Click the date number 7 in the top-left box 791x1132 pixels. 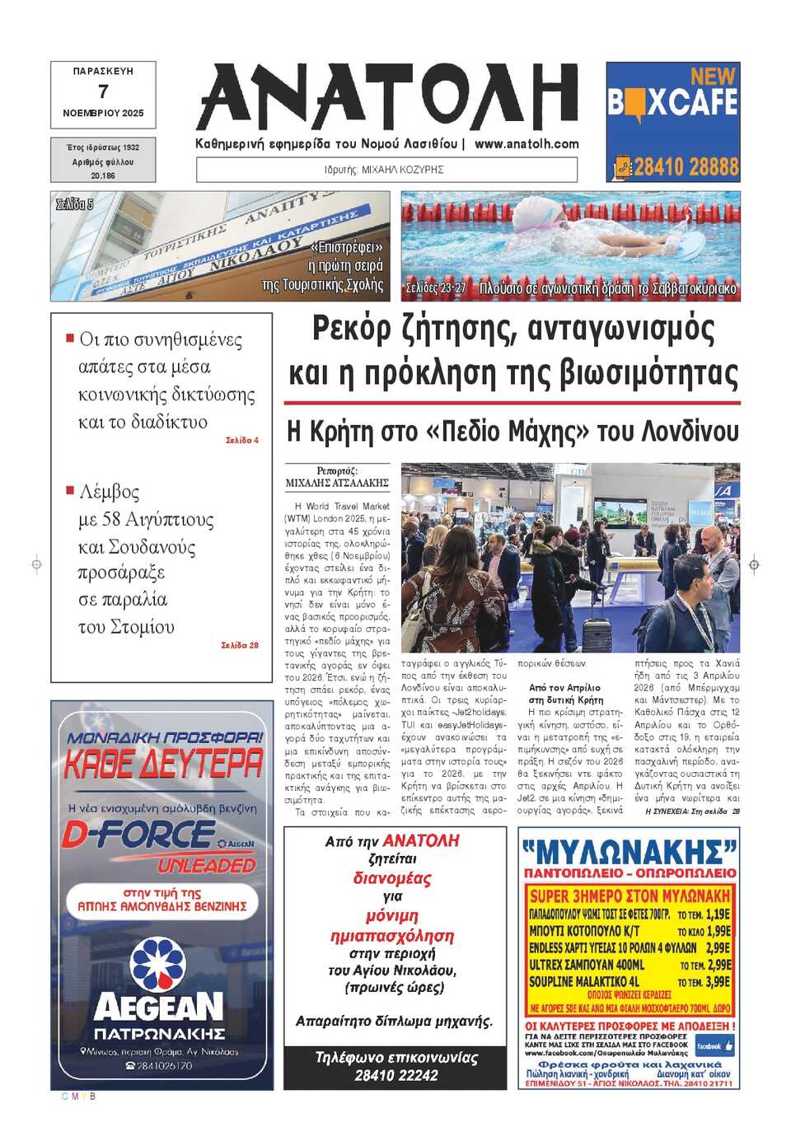103,91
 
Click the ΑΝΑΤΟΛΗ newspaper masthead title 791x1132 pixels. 387,97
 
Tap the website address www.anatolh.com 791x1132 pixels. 527,143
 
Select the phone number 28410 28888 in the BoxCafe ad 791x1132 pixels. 686,167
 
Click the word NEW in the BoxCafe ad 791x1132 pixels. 712,77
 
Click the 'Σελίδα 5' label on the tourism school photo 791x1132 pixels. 74,203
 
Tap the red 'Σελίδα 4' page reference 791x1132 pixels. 242,441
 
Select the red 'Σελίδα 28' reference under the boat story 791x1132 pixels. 240,645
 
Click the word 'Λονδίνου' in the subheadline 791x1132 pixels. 690,431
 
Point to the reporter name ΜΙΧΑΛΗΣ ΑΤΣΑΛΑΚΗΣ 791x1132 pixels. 337,483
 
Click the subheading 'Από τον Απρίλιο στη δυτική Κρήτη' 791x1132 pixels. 565,693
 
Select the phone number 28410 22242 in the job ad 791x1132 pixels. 395,1075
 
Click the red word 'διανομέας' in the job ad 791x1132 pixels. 392,878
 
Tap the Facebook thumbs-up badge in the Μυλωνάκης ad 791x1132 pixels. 714,1045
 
